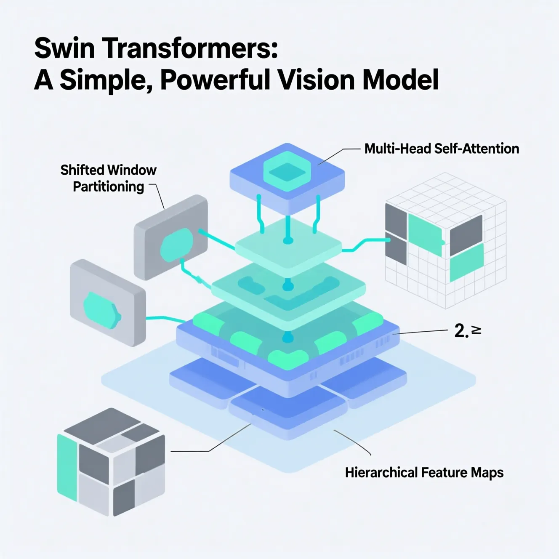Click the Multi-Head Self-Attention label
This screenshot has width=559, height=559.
[x=442, y=149]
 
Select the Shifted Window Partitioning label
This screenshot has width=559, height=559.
[x=108, y=178]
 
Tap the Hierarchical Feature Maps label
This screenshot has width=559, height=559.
[x=424, y=472]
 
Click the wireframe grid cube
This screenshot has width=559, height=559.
[x=446, y=240]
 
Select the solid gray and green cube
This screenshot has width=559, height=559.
[x=111, y=462]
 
